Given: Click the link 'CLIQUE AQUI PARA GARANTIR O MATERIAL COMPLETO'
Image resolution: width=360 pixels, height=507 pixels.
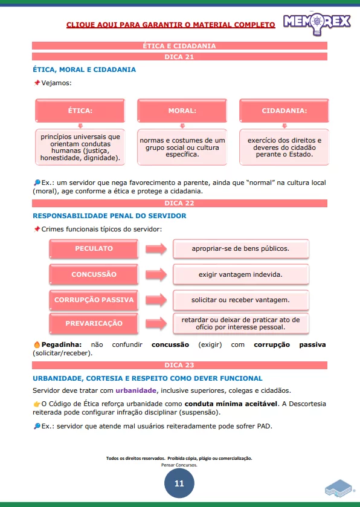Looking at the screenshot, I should (170, 25).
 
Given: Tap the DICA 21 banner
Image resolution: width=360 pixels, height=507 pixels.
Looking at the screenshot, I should (179, 57).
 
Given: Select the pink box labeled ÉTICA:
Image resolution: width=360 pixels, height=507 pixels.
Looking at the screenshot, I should (80, 111).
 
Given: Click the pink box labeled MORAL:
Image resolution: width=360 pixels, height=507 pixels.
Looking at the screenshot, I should (182, 111).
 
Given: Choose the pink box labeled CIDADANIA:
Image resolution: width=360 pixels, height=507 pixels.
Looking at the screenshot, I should (284, 111).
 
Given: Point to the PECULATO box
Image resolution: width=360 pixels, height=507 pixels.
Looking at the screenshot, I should (94, 248).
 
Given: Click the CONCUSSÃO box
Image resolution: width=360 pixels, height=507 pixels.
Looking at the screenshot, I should (94, 274).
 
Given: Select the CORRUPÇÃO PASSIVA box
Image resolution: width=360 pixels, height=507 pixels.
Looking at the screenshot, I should (94, 300).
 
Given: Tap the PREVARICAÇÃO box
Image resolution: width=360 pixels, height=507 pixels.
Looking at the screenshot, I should (94, 323).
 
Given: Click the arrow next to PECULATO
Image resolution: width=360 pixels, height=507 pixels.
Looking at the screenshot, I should (155, 248).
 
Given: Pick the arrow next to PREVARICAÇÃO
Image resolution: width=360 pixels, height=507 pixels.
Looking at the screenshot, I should (155, 323).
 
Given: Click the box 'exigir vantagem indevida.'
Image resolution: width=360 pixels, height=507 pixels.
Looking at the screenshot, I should (240, 274).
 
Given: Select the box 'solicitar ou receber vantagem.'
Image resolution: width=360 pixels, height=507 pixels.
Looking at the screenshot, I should (240, 300).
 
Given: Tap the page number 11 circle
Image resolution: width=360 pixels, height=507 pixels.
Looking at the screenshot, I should (179, 483).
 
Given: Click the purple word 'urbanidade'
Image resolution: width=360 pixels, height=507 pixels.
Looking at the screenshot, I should (136, 390).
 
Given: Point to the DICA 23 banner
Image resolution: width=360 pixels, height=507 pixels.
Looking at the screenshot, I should (179, 365).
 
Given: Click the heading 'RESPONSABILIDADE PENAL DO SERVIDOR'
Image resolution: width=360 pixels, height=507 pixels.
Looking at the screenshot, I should (109, 216).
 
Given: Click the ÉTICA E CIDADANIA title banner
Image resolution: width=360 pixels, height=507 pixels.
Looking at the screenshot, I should (179, 45).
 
